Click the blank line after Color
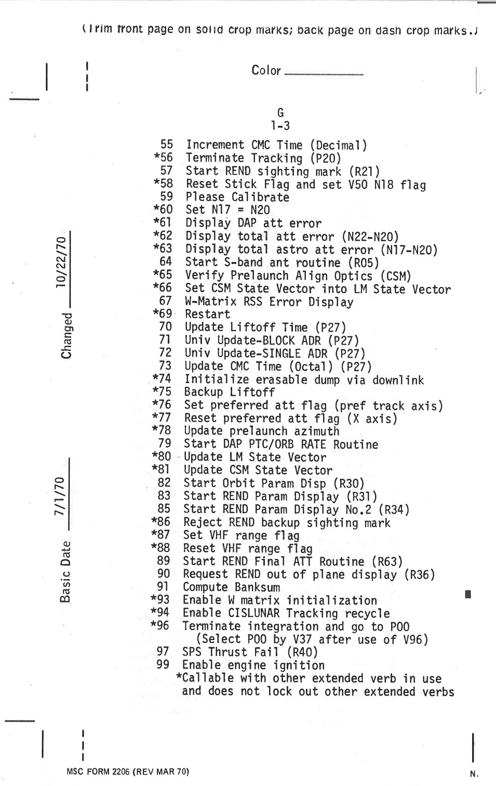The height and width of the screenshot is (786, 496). click(324, 74)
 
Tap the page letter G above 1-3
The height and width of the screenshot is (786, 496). click(280, 113)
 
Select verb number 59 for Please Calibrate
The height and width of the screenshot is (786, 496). click(166, 197)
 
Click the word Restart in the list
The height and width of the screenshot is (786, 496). click(207, 315)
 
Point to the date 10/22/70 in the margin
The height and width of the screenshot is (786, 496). click(62, 260)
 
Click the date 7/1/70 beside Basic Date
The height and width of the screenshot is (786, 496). click(61, 496)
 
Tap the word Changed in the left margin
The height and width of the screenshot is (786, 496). click(66, 335)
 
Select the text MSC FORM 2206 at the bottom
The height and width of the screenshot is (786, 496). click(98, 772)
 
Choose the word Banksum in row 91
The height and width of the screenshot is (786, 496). click(257, 588)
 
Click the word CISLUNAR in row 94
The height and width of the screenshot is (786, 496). click(254, 614)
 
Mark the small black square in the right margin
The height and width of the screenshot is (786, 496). click(468, 594)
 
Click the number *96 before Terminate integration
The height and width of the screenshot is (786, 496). click(160, 625)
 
